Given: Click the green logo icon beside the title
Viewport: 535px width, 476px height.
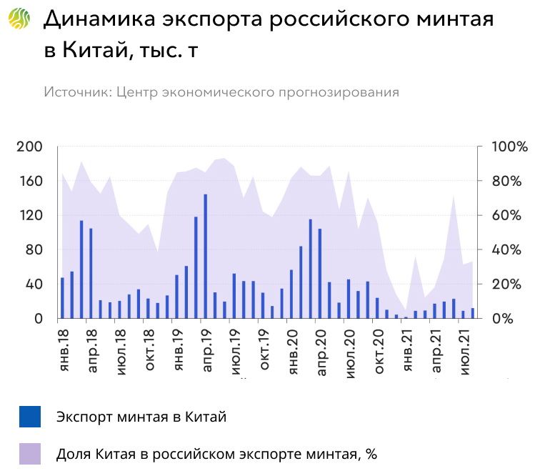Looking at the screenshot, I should (x=19, y=19).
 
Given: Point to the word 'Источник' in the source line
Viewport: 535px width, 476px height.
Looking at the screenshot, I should (x=76, y=92).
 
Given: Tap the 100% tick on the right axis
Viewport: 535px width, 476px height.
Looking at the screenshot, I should (x=509, y=147).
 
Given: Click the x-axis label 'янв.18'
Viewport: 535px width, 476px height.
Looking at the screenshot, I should (x=62, y=348).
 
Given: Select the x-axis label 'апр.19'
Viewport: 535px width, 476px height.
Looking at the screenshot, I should (x=205, y=348).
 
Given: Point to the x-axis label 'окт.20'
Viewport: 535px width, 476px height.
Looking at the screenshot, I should (x=376, y=348).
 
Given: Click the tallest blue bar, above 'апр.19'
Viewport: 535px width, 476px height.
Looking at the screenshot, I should (x=205, y=256).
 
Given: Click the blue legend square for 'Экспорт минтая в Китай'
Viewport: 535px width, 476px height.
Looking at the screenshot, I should (x=30, y=417).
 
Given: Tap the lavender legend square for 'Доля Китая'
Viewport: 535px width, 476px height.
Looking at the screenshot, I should (x=30, y=454).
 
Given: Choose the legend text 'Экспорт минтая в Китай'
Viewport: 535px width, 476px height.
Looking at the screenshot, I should (x=141, y=417).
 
